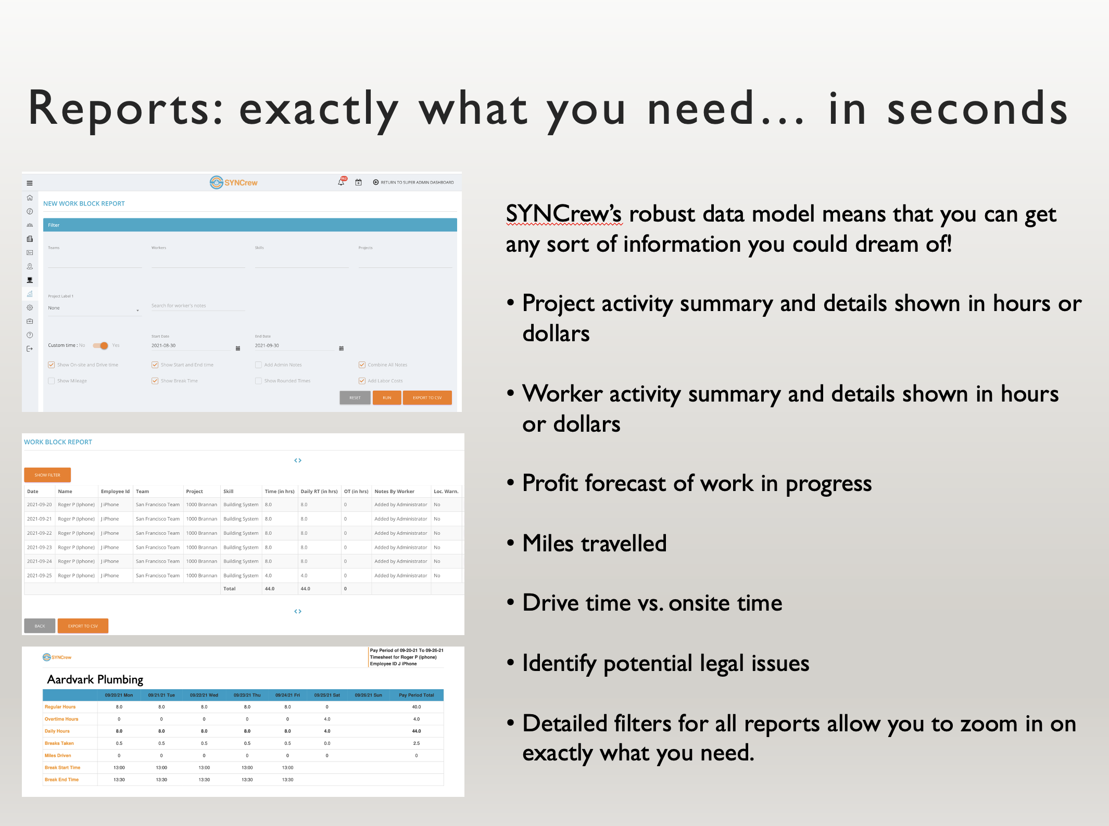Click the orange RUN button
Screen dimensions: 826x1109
(x=387, y=398)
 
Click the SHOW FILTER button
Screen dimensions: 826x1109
(x=47, y=475)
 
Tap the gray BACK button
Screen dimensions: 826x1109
(x=40, y=626)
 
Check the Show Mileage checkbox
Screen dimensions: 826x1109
(x=52, y=381)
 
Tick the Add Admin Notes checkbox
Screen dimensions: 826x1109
(x=258, y=365)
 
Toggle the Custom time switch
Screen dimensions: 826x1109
(x=100, y=345)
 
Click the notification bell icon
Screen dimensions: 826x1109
(x=341, y=183)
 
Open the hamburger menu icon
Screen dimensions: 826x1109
(x=30, y=183)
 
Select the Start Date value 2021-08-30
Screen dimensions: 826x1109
(x=163, y=345)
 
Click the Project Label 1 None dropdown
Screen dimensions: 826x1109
(x=94, y=308)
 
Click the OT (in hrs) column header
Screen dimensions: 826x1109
(x=356, y=491)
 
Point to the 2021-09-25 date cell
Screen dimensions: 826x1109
(x=40, y=575)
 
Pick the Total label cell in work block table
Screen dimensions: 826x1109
(x=229, y=589)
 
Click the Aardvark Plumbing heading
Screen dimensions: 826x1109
(x=95, y=679)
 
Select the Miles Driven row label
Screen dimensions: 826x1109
(x=58, y=755)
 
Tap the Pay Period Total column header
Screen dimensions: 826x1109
(x=416, y=695)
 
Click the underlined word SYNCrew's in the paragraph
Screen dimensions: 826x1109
(x=564, y=214)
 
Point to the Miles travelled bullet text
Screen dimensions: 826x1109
(x=594, y=543)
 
